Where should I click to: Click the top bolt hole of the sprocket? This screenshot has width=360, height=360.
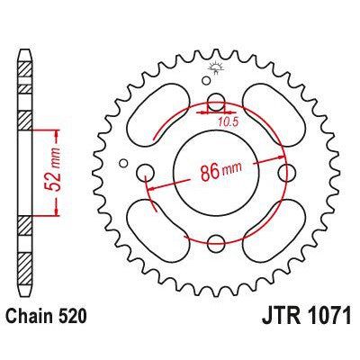click(215, 101)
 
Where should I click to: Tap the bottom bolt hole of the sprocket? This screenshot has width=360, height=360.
click(215, 241)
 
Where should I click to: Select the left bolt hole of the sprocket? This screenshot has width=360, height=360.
click(145, 171)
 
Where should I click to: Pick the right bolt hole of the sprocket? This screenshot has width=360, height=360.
click(285, 171)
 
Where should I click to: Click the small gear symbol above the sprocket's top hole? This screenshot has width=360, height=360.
click(215, 69)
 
